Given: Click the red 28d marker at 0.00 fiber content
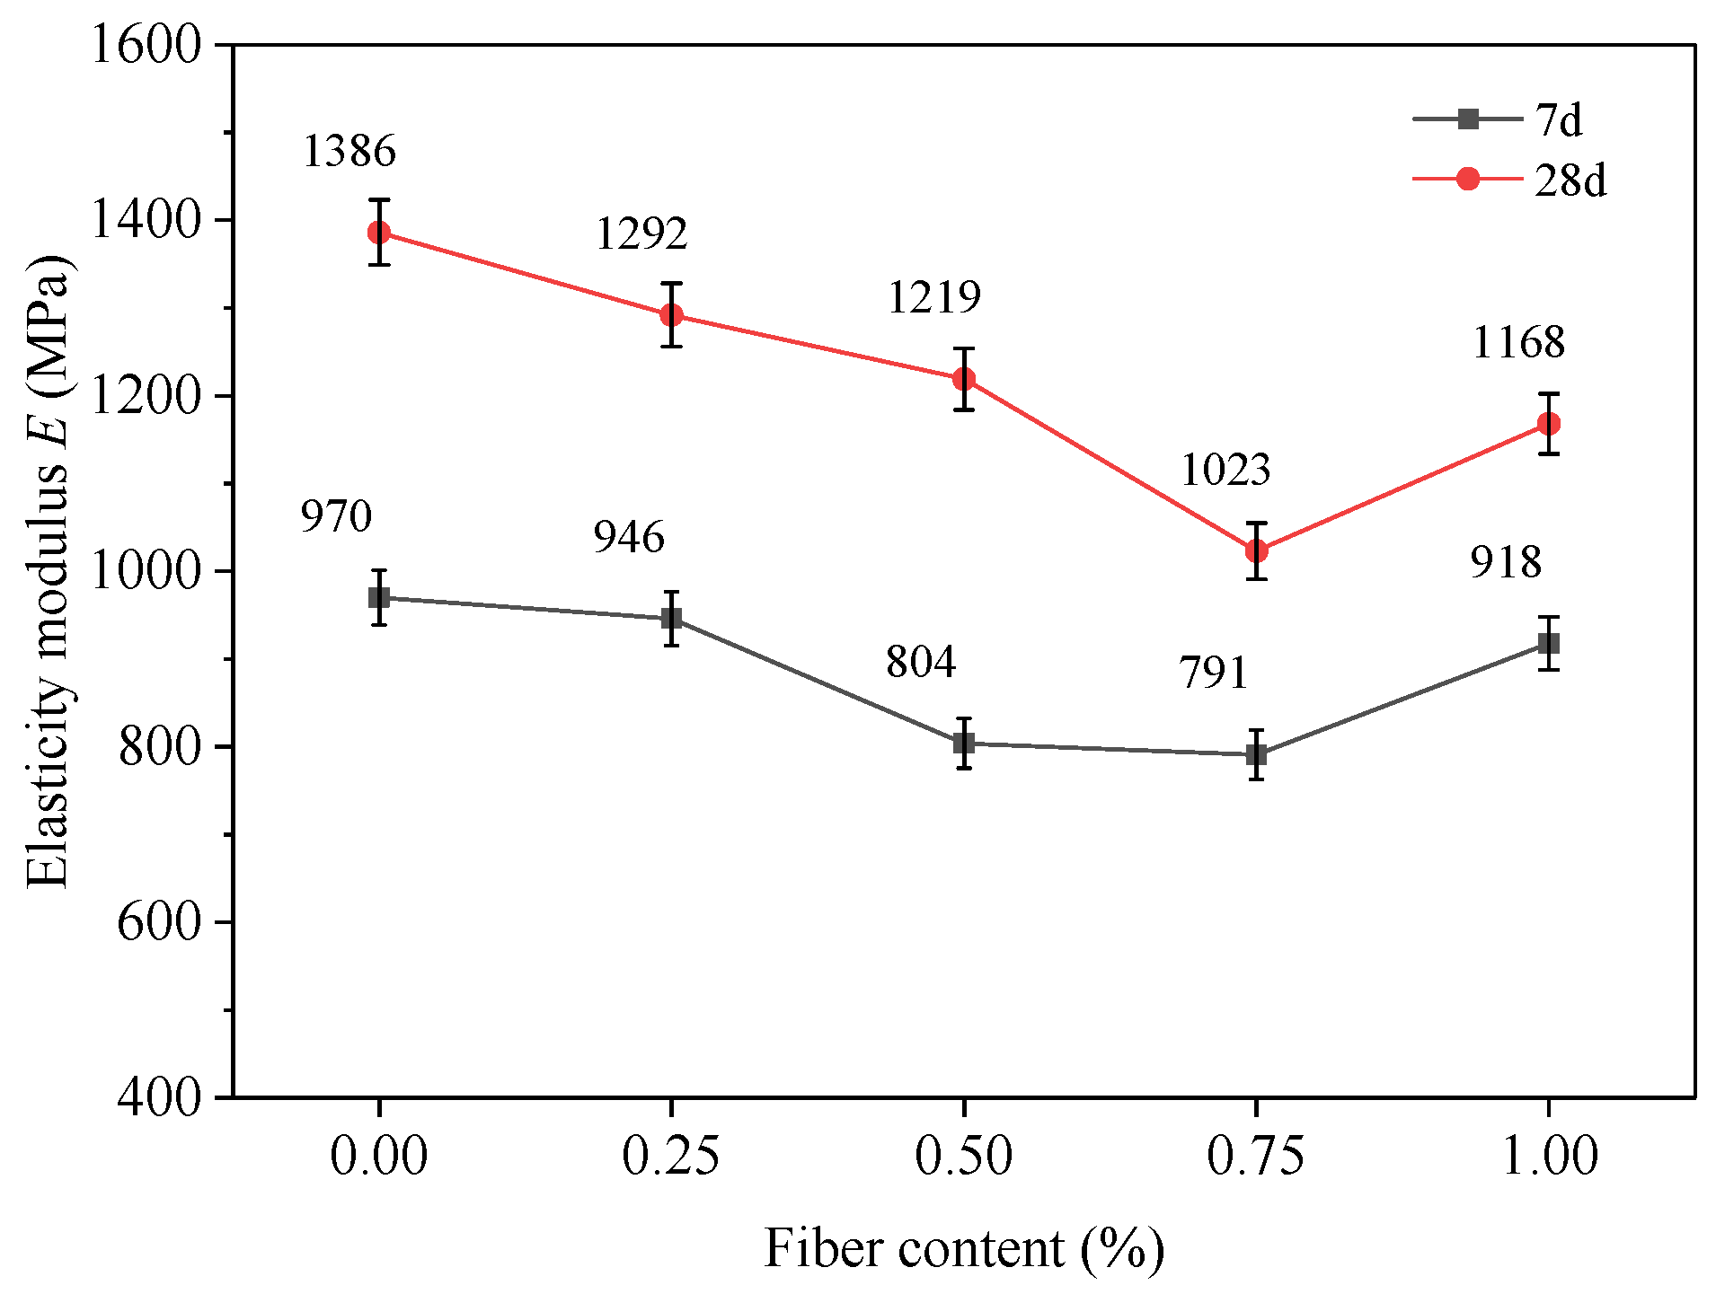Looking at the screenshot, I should tap(379, 233).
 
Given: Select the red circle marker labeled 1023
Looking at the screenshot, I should tap(1256, 550).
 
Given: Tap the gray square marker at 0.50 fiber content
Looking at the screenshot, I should tap(964, 744).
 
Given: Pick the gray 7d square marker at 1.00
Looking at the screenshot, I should tap(1548, 644).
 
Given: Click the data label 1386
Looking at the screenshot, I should tap(349, 151).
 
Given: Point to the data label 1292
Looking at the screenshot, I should tap(641, 233).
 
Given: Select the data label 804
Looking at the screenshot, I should tap(921, 662).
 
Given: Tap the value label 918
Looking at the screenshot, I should tap(1506, 562).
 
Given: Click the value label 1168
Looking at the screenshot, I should tap(1518, 342).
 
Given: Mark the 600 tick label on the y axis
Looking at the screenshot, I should tap(159, 921).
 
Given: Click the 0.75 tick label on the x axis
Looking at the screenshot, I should tap(1255, 1156).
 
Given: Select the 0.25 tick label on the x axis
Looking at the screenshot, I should tap(670, 1156).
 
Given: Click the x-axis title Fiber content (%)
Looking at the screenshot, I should tap(963, 1248).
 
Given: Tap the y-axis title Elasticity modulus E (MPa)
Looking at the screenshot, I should tap(49, 571).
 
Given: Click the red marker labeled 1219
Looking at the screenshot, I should tap(964, 379).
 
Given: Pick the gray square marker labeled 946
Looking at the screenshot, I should tap(671, 619).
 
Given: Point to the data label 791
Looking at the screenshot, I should tap(1214, 673).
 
